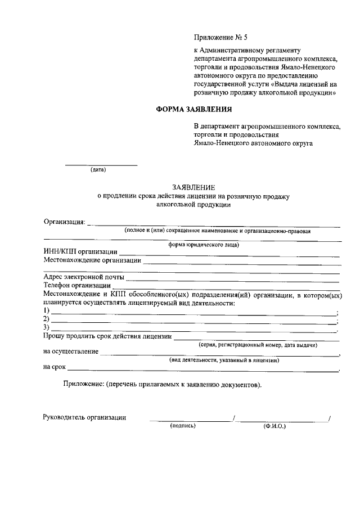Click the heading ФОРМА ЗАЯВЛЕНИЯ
193,110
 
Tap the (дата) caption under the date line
98,169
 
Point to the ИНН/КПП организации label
80,251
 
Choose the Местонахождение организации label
92,260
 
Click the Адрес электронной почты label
84,277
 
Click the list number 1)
47,311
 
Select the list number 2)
47,319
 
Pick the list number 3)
47,328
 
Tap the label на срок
55,368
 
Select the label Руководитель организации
84,417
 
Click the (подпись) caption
183,426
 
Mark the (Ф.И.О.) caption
274,426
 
